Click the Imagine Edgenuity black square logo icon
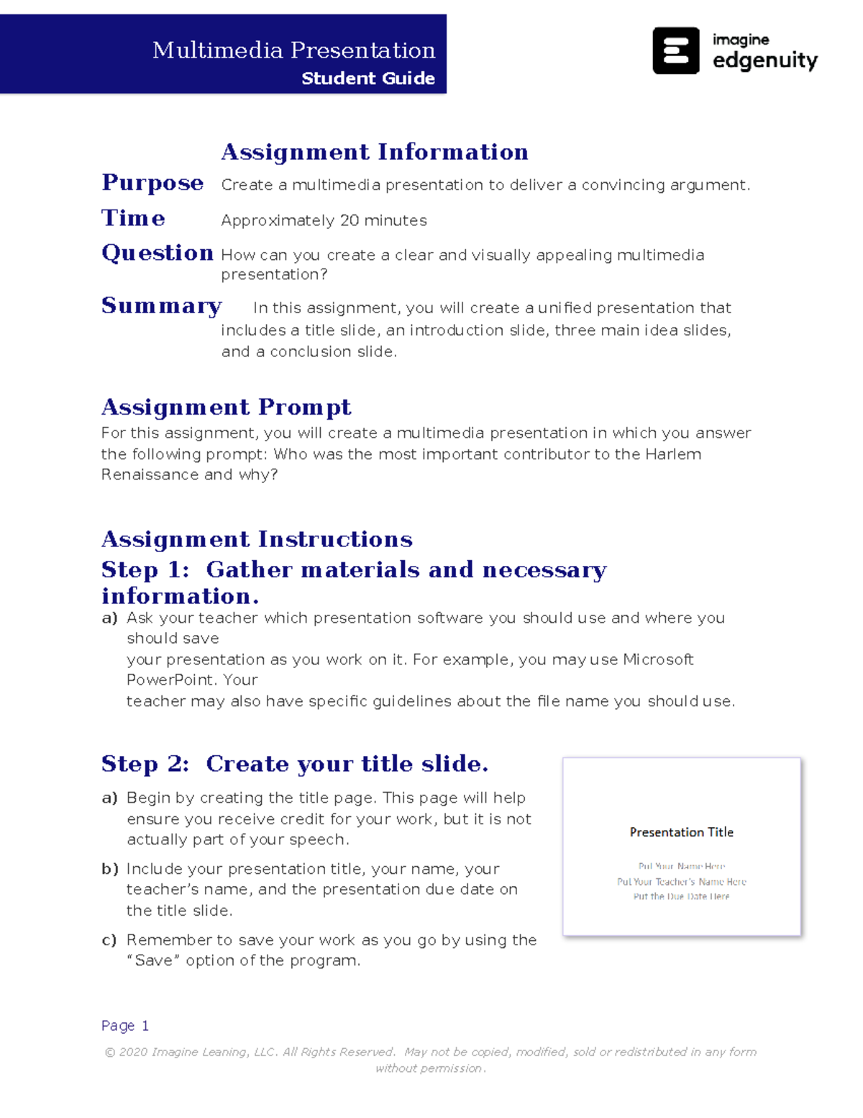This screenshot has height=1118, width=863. pyautogui.click(x=675, y=51)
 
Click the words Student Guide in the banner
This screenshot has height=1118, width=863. pyautogui.click(x=367, y=78)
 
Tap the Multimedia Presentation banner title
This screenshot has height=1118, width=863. pyautogui.click(x=293, y=50)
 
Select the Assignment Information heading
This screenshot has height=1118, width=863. pyautogui.click(x=374, y=152)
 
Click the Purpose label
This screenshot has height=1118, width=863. pyautogui.click(x=152, y=183)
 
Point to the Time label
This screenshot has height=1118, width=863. pyautogui.click(x=133, y=218)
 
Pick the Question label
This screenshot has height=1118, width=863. pyautogui.click(x=157, y=253)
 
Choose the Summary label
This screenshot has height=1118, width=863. pyautogui.click(x=161, y=306)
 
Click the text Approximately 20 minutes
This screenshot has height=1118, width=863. pyautogui.click(x=324, y=220)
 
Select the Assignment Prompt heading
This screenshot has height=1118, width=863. pyautogui.click(x=226, y=407)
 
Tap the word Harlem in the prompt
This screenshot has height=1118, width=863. pyautogui.click(x=673, y=454)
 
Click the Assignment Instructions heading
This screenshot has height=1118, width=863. pyautogui.click(x=257, y=539)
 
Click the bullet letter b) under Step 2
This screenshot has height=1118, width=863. pyautogui.click(x=109, y=869)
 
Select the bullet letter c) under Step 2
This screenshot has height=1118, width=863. pyautogui.click(x=109, y=940)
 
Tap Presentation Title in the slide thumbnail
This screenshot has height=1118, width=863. pyautogui.click(x=681, y=832)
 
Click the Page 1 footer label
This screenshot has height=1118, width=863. pyautogui.click(x=125, y=1026)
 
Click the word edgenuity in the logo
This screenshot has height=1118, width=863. pyautogui.click(x=764, y=61)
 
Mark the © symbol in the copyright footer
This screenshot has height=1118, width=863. pyautogui.click(x=110, y=1052)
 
